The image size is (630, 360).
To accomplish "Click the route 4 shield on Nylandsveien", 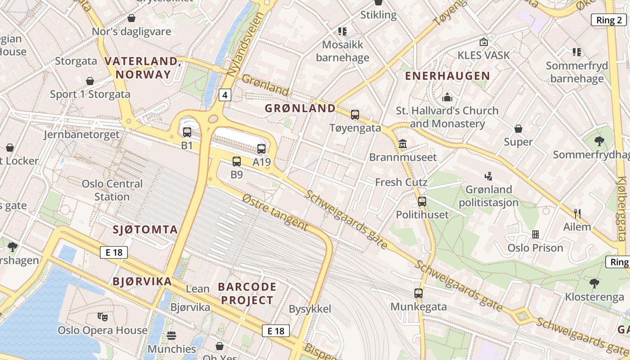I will pos(225,95).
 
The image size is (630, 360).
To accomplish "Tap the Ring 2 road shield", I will pos(608,20).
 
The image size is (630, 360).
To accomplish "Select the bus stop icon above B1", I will pos(187,132).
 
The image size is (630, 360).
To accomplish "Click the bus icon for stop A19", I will pos(261,148).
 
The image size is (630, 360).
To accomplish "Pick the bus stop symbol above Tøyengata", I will pos(355,115).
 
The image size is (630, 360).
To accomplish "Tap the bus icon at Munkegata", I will pos(418,293).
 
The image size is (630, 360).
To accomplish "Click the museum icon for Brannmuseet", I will pos(403,144).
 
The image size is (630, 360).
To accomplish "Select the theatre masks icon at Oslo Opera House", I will pos(103,317).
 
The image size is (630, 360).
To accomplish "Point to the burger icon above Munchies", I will pos(171,336).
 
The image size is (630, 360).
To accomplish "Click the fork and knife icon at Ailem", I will pos(577,214).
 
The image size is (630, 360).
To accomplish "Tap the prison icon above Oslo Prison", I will pos(535,234).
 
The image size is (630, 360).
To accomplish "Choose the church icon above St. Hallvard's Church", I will pos(447,97).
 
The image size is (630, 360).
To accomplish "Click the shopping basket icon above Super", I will pos(518,129).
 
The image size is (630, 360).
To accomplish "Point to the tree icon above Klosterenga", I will pos(594,283).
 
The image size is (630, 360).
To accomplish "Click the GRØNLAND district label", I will pos(300,108).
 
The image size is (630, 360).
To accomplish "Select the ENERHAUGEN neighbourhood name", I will pos(447,76).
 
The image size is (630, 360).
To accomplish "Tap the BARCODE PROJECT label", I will pos(247,293).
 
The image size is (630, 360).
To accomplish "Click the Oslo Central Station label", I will pos(112,190).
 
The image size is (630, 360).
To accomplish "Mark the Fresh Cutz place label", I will pos(401,182).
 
